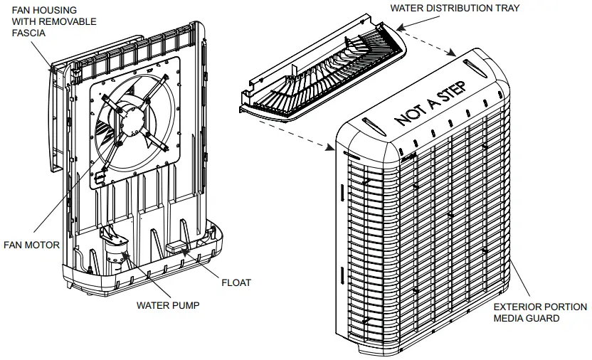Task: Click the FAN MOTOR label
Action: (x=31, y=245)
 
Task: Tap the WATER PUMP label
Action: (x=167, y=306)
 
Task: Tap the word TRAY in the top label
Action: (x=506, y=8)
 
